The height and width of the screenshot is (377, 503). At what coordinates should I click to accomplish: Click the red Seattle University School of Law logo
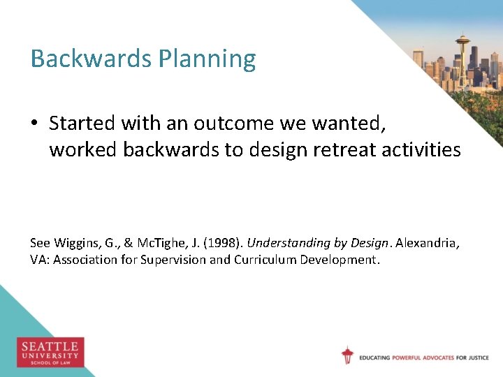[50, 352]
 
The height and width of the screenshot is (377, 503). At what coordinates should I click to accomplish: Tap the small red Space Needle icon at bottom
[347, 355]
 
